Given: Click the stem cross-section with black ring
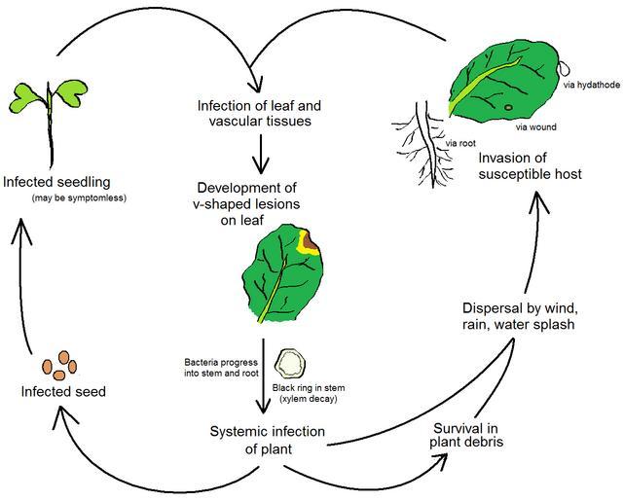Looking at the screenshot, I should point(289,364).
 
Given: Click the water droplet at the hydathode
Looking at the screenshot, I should point(565,67).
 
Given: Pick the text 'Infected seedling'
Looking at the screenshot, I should point(55,181).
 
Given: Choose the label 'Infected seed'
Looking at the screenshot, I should point(63,392).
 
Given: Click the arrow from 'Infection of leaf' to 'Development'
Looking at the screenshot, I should point(259,153).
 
